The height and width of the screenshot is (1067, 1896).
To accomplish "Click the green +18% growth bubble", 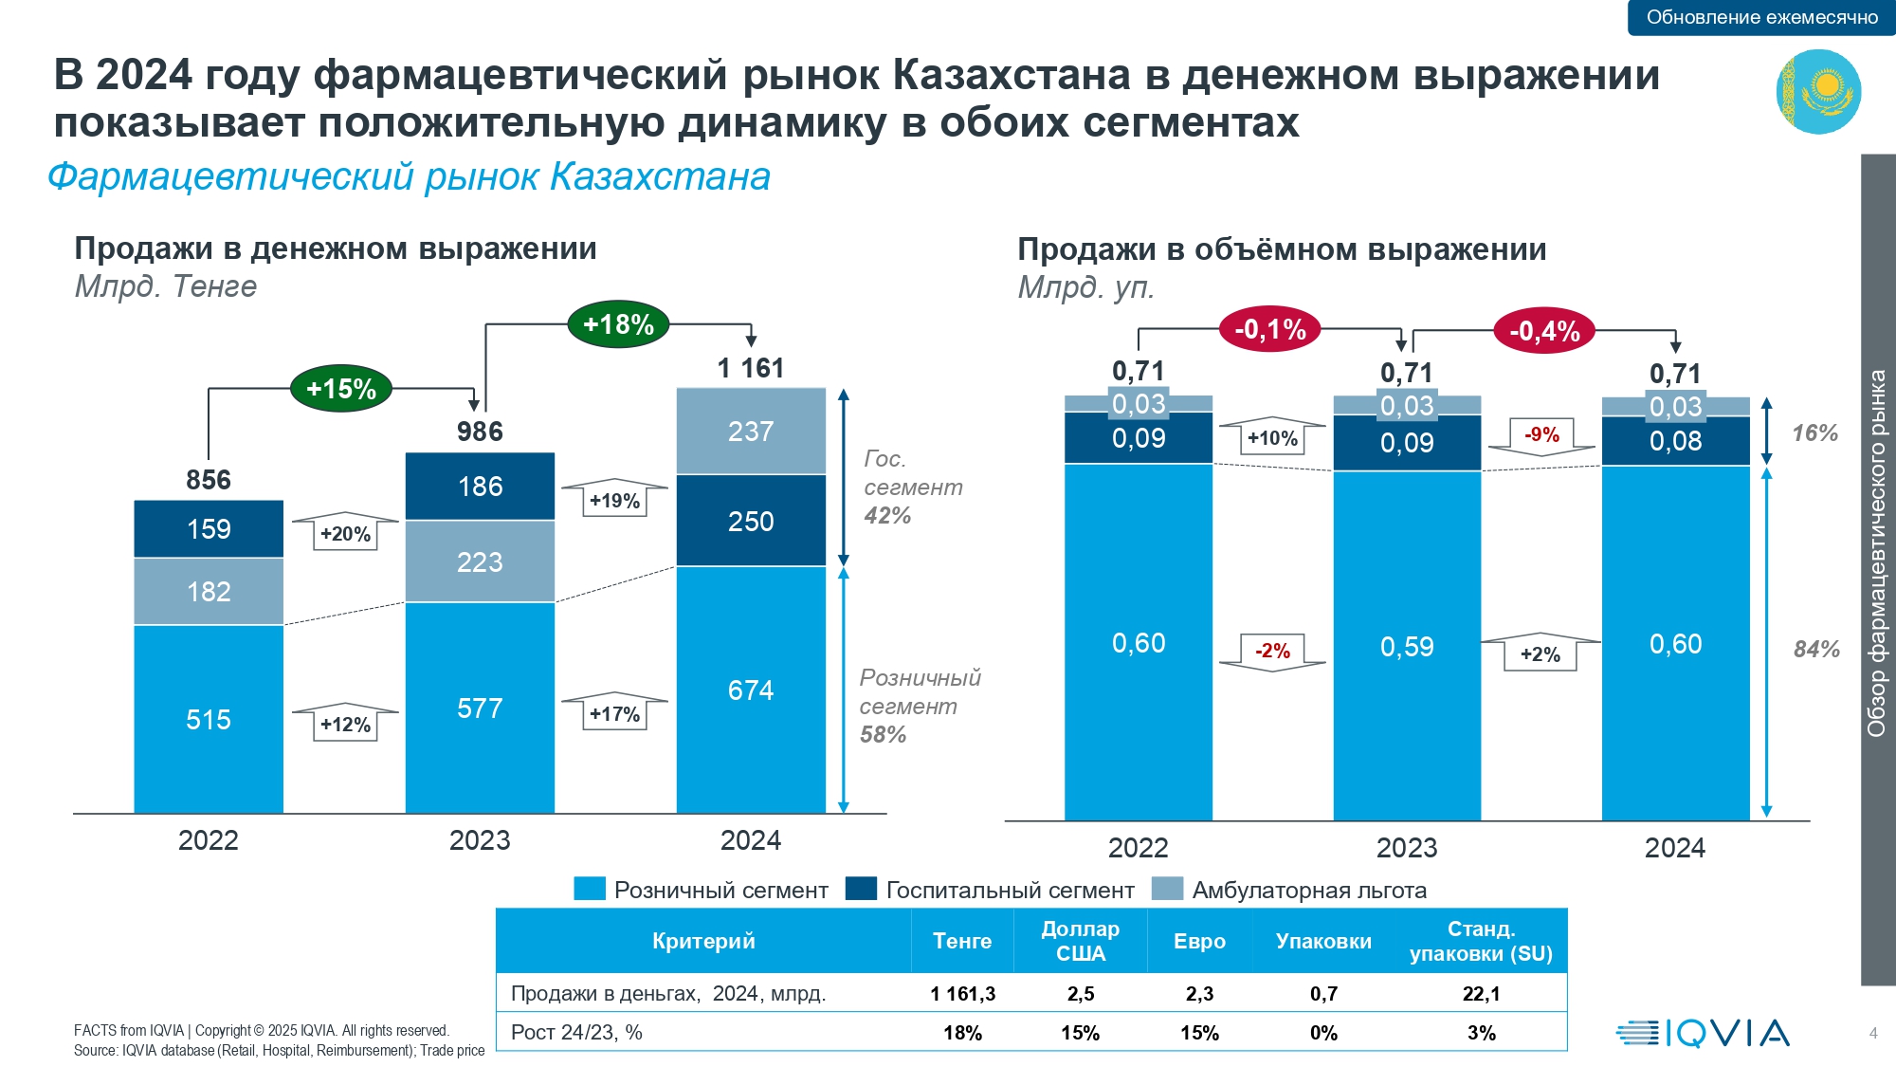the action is tap(618, 324).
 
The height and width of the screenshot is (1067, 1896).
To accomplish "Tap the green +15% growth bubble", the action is tap(341, 388).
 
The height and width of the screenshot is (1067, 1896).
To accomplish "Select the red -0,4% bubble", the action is tap(1544, 331).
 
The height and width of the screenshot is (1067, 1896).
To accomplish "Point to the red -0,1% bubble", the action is tap(1269, 329).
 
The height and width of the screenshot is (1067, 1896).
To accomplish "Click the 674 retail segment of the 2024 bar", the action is tap(751, 690).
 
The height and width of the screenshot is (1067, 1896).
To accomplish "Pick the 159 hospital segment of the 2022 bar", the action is tap(209, 528).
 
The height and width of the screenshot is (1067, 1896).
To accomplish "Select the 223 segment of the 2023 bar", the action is tap(480, 561).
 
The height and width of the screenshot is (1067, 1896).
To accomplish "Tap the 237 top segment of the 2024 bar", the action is tap(751, 431).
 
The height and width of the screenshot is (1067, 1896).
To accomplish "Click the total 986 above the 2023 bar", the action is tap(480, 432).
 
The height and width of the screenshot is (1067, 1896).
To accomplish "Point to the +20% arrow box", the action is tap(345, 532).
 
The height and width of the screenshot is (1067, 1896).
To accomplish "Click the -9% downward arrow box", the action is tap(1541, 436).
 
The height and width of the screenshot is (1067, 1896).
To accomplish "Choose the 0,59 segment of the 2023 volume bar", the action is tap(1407, 646).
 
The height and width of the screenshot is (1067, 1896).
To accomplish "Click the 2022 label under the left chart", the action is tap(209, 840).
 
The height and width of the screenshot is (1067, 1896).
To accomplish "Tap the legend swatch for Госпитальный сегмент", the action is tap(861, 889).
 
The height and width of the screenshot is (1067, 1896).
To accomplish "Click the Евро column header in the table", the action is tap(1199, 941).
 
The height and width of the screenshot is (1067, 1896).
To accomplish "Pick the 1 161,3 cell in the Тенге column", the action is tap(962, 993).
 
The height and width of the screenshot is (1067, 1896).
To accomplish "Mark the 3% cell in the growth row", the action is tap(1481, 1033).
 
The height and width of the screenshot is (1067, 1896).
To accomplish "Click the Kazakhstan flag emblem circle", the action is tap(1818, 92).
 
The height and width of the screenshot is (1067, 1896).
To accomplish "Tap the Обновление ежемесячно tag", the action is tap(1761, 17).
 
